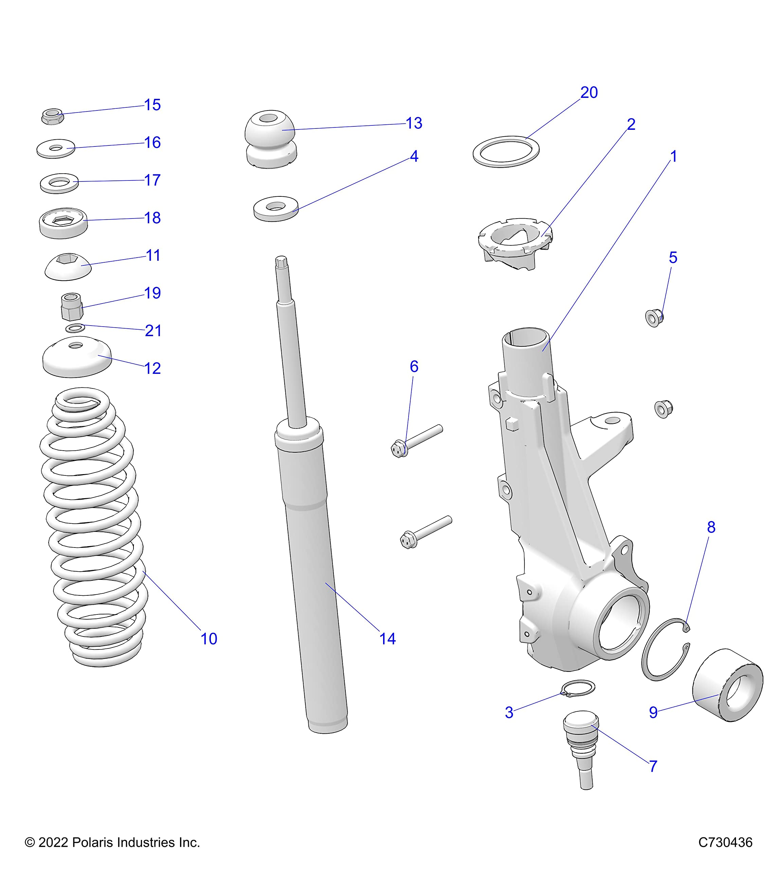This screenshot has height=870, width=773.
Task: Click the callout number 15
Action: coord(152,105)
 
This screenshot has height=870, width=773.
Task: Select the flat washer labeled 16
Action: coord(56,149)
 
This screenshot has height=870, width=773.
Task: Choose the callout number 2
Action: coord(631,124)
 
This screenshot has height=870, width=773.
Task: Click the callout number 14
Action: coord(387,639)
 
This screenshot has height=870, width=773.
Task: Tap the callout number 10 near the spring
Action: coord(209,639)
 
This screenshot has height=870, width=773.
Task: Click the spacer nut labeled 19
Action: coord(71,307)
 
